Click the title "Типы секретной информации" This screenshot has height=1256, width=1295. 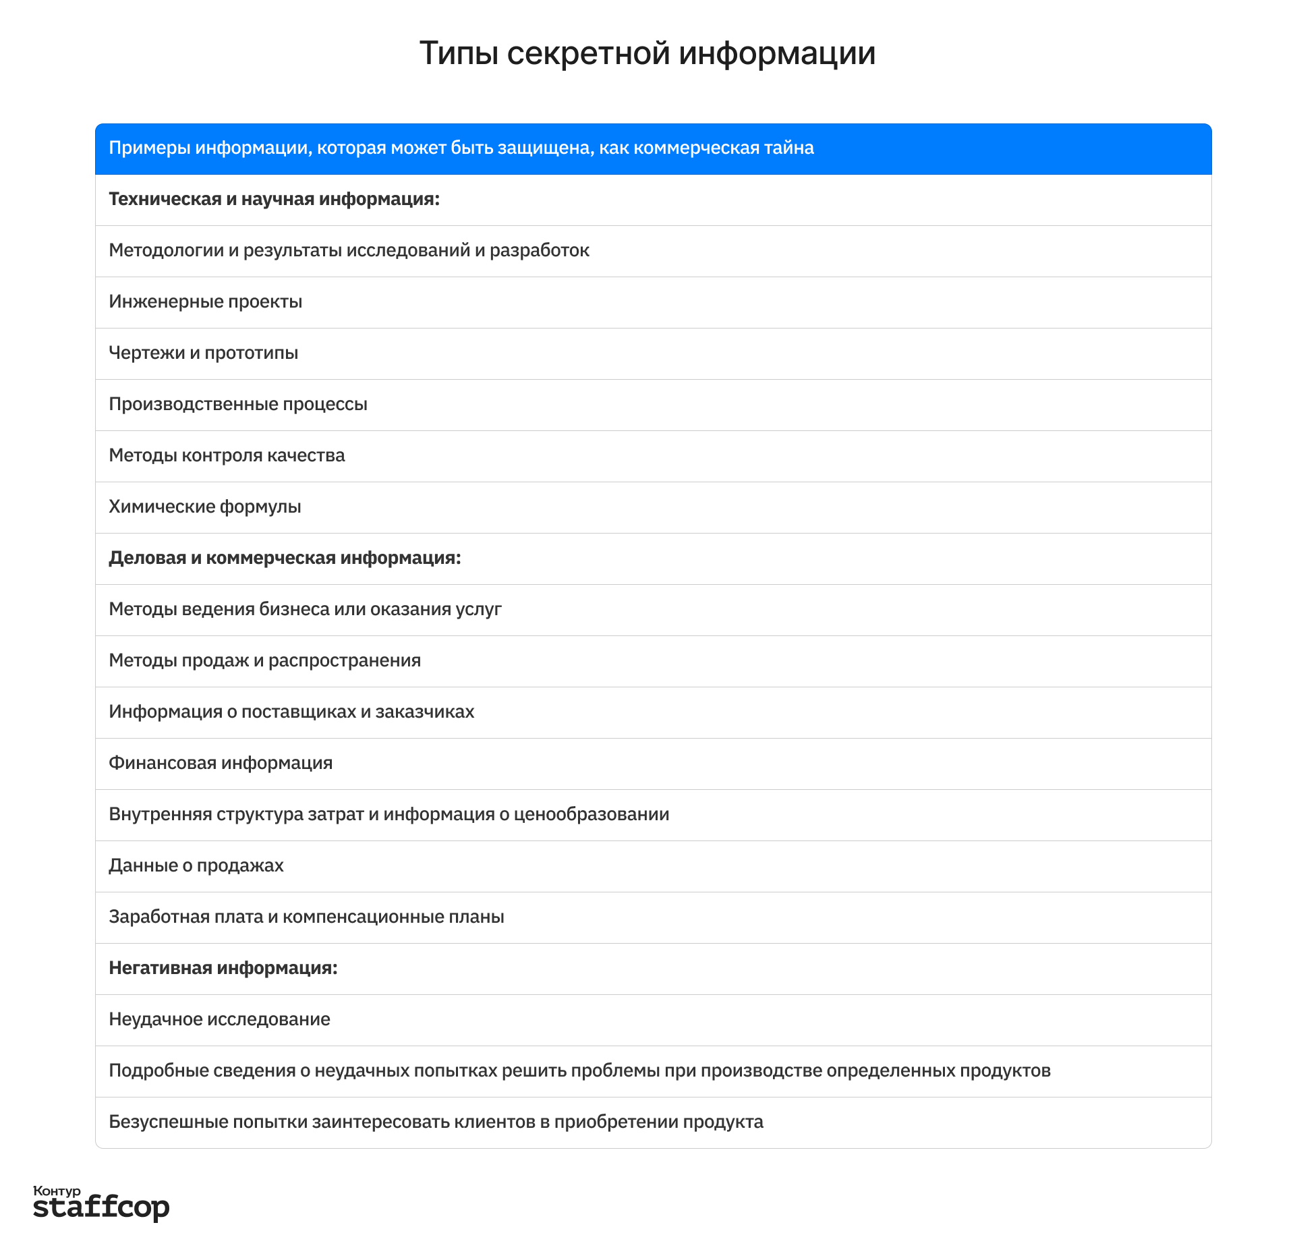pyautogui.click(x=647, y=53)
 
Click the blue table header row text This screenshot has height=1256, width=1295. pyautogui.click(x=461, y=148)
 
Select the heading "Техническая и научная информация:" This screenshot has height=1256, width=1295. pyautogui.click(x=274, y=200)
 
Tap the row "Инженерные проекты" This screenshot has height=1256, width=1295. pyautogui.click(x=205, y=302)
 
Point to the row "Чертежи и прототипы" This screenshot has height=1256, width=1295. pyautogui.click(x=203, y=353)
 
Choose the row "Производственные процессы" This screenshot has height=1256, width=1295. pyautogui.click(x=238, y=405)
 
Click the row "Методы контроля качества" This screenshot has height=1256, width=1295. pyautogui.click(x=227, y=456)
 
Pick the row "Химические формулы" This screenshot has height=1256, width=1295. pyautogui.click(x=205, y=507)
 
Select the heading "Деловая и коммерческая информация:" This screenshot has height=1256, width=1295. pyautogui.click(x=285, y=559)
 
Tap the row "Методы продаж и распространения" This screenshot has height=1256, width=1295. pyautogui.click(x=264, y=661)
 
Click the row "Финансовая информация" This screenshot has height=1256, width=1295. pyautogui.click(x=221, y=764)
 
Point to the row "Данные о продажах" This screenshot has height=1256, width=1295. pyautogui.click(x=196, y=866)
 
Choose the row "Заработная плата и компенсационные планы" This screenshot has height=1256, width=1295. pyautogui.click(x=306, y=917)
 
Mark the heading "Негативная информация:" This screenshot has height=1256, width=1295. pyautogui.click(x=223, y=969)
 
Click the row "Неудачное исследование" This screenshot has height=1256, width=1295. pyautogui.click(x=219, y=1020)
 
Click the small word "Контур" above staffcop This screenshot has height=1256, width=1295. pyautogui.click(x=57, y=1191)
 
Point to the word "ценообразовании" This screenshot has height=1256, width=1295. pyautogui.click(x=592, y=815)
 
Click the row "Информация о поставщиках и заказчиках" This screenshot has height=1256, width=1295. pyautogui.click(x=291, y=712)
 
